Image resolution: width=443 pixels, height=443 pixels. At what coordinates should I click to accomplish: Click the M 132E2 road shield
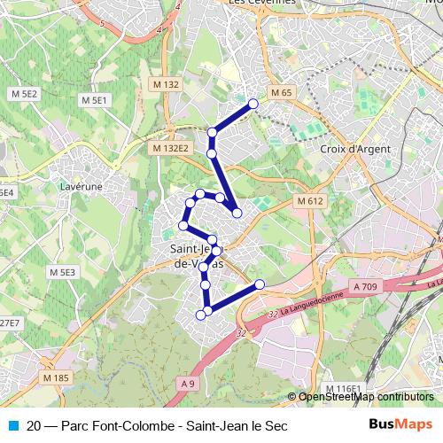point(170,148)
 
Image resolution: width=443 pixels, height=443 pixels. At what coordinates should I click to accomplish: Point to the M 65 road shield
point(281,92)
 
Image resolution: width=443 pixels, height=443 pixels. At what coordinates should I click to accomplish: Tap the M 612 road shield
point(310,201)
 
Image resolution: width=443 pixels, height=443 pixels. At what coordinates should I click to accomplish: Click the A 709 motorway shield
point(365,286)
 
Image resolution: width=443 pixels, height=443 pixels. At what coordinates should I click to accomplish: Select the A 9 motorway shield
point(185,383)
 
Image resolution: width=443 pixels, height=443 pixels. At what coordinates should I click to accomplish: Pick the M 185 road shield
point(54,378)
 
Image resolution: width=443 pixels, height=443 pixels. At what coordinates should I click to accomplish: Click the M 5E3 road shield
point(63,272)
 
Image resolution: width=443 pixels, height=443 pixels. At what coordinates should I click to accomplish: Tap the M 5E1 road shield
point(94,101)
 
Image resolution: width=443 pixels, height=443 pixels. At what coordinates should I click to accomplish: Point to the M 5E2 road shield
point(25,93)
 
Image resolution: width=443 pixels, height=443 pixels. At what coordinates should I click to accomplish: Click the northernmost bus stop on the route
point(253,104)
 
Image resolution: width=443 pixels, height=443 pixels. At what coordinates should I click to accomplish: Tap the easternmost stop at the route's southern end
point(260,284)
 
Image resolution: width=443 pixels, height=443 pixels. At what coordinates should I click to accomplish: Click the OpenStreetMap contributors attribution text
point(365,398)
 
